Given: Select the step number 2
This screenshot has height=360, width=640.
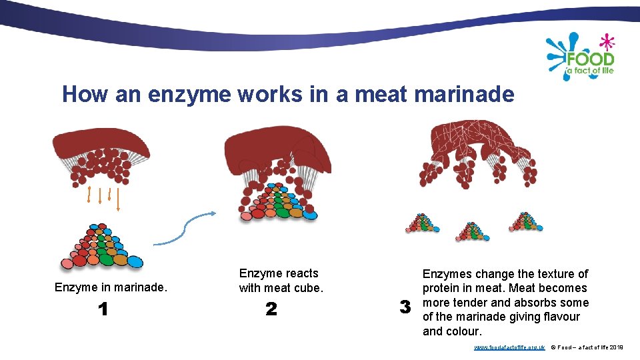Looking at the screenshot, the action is tap(271, 309).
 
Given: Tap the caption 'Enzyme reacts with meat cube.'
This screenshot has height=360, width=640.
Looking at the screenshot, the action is tap(280, 281).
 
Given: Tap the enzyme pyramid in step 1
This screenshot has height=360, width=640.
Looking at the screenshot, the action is tap(103, 247).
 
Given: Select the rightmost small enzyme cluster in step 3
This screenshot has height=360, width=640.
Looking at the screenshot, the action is tap(525, 221).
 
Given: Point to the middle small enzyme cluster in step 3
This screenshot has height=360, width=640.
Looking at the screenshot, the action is tap(473, 231).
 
